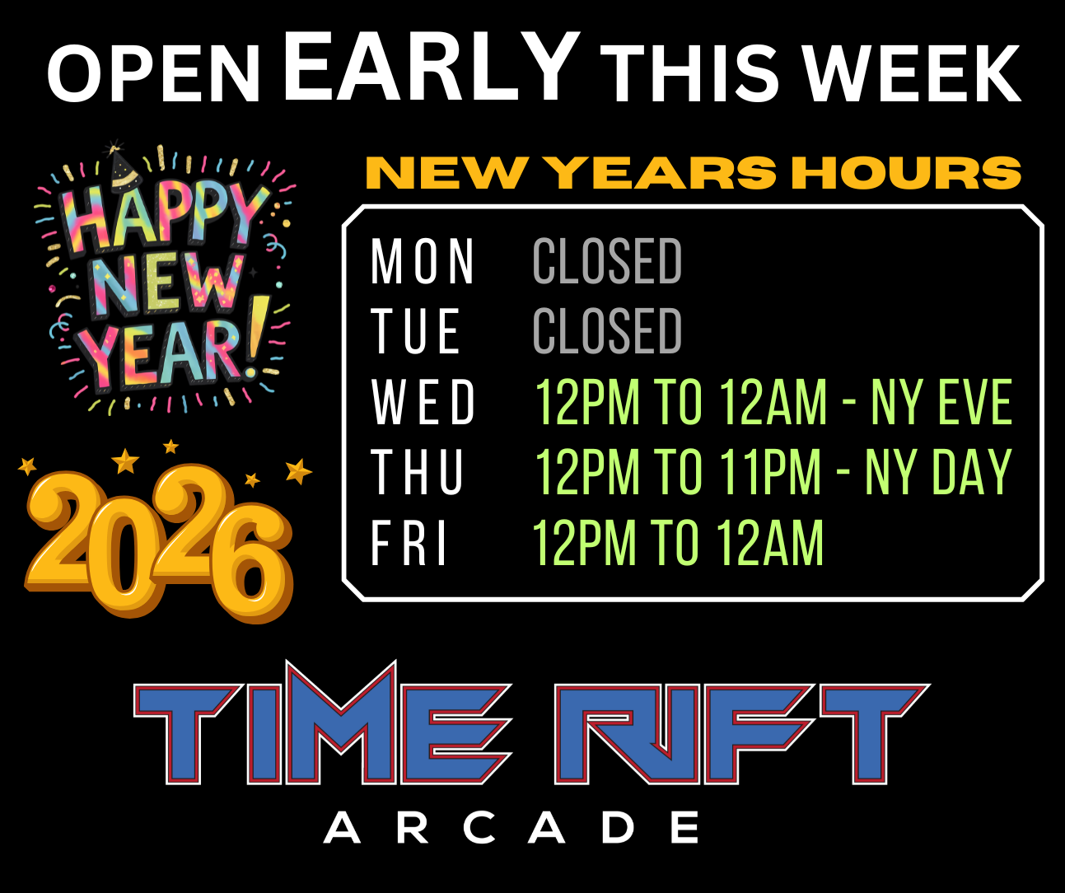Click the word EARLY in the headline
431,66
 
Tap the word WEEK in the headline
913,73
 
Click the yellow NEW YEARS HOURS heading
693,173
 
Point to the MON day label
423,262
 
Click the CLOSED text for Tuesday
607,331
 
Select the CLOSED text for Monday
607,262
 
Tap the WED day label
423,403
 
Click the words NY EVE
941,403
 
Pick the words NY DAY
938,473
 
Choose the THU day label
418,473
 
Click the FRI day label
409,544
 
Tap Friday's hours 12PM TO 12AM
678,544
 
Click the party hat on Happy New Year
123,166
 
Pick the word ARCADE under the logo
511,828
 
